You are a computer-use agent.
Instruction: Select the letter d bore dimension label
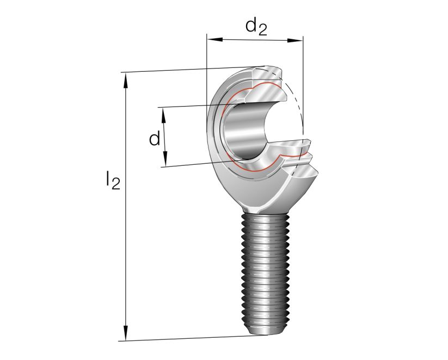(155, 139)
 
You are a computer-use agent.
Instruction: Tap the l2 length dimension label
(112, 180)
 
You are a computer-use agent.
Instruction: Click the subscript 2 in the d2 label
(262, 30)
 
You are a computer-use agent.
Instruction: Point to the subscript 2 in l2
(115, 184)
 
